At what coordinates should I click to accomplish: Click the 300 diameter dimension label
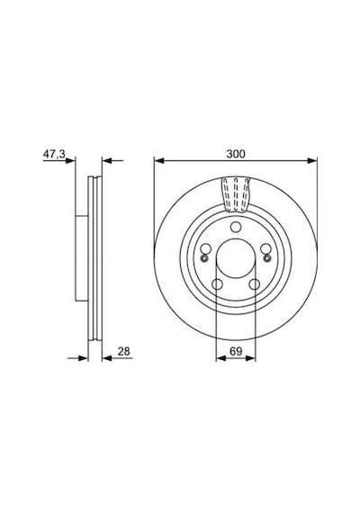pyautogui.click(x=236, y=154)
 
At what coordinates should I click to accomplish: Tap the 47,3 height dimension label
pyautogui.click(x=54, y=154)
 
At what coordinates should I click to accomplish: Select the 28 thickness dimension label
pyautogui.click(x=124, y=351)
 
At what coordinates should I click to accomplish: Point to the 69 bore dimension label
pyautogui.click(x=236, y=351)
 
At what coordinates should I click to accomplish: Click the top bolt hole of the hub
pyautogui.click(x=236, y=227)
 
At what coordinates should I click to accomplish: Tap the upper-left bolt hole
pyautogui.click(x=206, y=249)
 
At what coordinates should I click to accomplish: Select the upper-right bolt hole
pyautogui.click(x=265, y=249)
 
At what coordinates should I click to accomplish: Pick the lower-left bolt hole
pyautogui.click(x=217, y=284)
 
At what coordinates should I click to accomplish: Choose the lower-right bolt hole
pyautogui.click(x=255, y=284)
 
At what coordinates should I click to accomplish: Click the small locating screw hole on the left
pyautogui.click(x=204, y=259)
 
